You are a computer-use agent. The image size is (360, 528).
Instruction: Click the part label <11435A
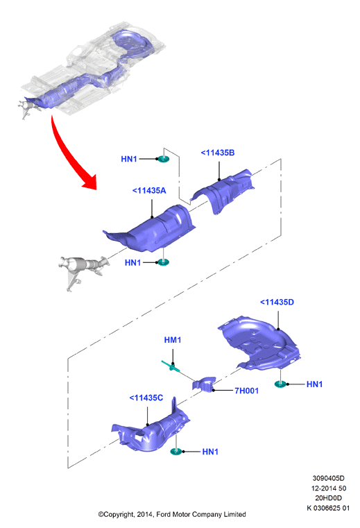click(149, 191)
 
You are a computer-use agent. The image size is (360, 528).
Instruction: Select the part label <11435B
click(218, 153)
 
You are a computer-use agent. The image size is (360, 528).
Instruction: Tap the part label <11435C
click(146, 398)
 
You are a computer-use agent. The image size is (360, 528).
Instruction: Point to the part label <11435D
click(277, 303)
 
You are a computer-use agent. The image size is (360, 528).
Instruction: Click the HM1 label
click(173, 340)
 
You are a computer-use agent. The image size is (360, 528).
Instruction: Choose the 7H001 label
click(246, 391)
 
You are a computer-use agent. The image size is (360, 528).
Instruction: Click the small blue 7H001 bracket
click(203, 384)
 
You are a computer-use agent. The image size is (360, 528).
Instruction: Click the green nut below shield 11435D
click(280, 384)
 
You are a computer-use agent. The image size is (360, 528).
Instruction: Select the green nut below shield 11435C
click(176, 451)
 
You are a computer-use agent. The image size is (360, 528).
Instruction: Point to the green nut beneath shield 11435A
click(163, 262)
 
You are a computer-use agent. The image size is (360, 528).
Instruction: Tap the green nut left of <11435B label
click(163, 159)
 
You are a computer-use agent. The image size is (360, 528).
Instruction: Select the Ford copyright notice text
click(172, 514)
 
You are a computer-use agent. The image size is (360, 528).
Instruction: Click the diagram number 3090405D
click(328, 478)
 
